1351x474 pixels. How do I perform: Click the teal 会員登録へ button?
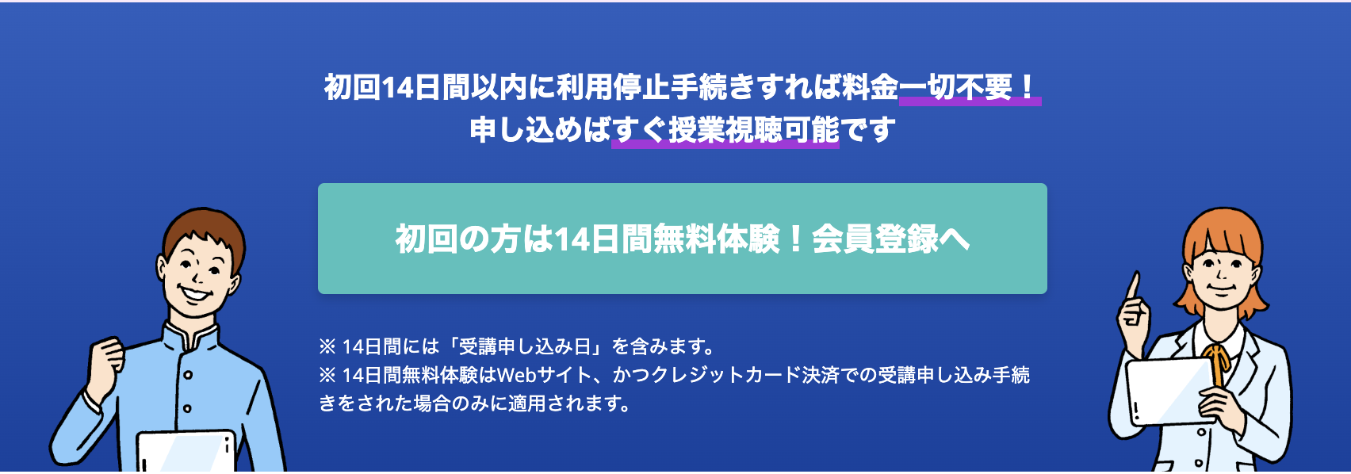tap(682, 239)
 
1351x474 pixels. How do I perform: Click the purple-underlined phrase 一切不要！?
tap(970, 88)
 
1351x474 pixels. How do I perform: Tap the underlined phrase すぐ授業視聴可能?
tap(725, 130)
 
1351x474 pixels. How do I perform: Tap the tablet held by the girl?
tap(1170, 390)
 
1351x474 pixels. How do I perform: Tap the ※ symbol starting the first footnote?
tap(327, 346)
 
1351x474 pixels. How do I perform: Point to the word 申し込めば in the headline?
tap(541, 130)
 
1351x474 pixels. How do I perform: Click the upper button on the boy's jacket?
tap(188, 375)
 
